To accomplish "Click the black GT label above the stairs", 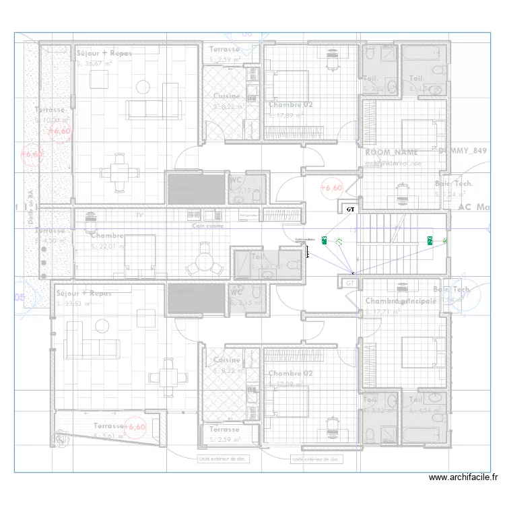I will [350, 209].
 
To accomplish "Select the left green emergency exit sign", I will [325, 240].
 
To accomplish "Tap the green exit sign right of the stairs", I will [430, 240].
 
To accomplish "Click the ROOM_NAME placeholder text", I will [391, 153].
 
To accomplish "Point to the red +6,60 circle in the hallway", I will [332, 188].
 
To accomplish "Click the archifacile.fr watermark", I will [463, 478].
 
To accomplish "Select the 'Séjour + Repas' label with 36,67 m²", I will [104, 53].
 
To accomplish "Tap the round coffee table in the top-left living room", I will [143, 86].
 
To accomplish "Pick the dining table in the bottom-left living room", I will [168, 375].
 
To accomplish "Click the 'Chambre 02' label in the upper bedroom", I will [291, 105].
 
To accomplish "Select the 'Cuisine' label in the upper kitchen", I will [226, 96].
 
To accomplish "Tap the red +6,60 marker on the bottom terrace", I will [136, 427].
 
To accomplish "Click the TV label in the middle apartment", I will [139, 214].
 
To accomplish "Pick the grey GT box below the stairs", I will [349, 283].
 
